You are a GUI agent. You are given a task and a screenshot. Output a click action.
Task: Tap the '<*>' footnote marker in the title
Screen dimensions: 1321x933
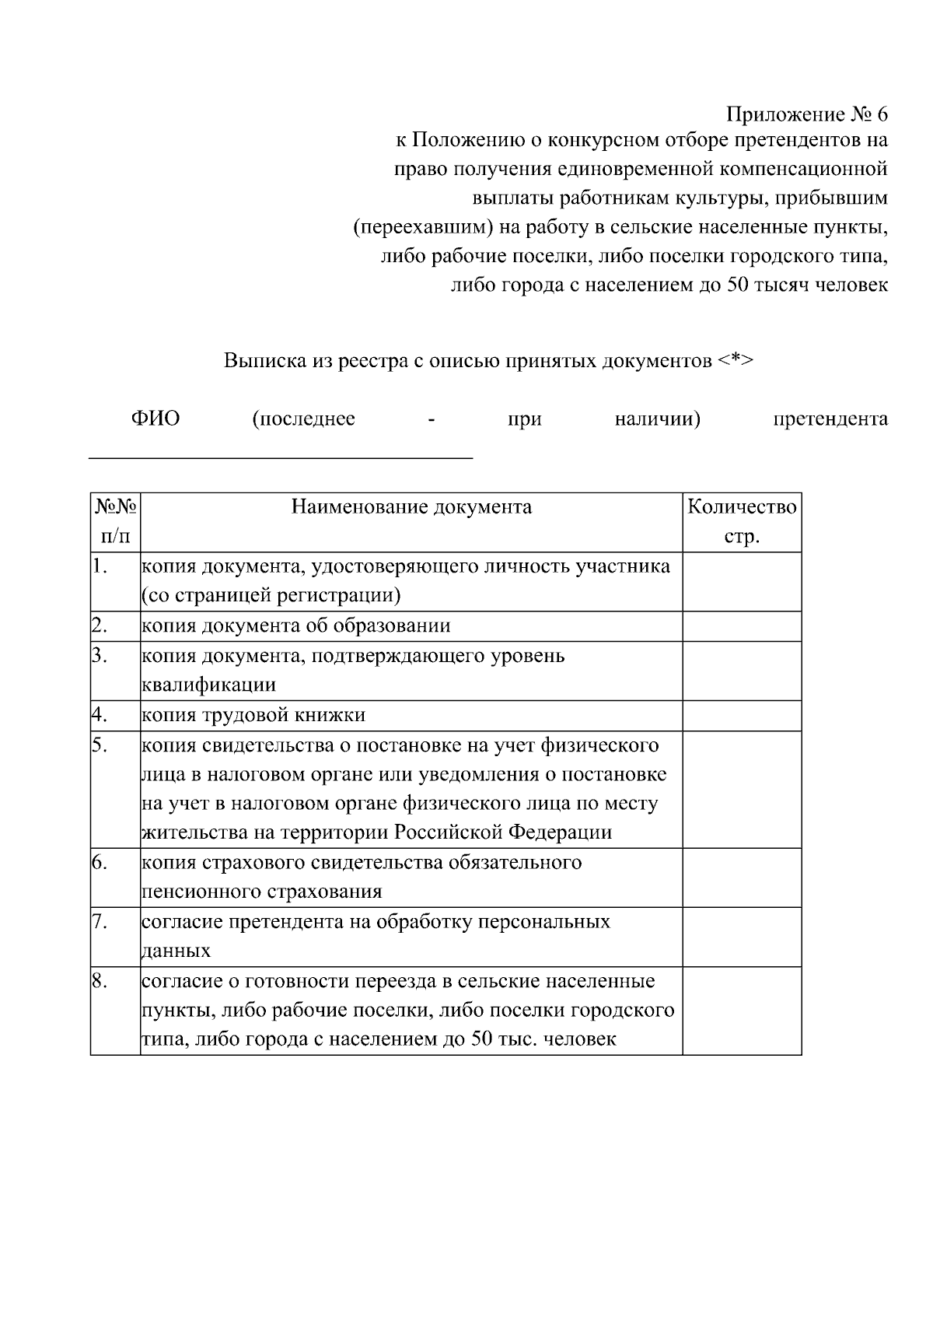pos(735,361)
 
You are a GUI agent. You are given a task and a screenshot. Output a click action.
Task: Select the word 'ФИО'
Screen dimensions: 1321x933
pos(155,419)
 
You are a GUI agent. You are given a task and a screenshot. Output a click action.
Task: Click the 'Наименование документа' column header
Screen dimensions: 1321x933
pos(411,507)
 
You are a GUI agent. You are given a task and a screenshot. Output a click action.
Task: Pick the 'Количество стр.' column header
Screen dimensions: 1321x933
pos(742,522)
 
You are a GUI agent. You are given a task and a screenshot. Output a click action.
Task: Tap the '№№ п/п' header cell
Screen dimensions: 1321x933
pos(116,522)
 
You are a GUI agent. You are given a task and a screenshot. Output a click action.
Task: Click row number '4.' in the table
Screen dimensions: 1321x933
pos(99,713)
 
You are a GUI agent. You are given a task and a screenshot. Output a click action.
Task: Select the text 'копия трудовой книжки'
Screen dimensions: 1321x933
pos(253,715)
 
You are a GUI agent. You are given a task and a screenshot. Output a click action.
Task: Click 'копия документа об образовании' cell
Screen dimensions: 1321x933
pos(296,626)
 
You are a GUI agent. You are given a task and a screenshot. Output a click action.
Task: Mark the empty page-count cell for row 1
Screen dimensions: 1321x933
pos(742,582)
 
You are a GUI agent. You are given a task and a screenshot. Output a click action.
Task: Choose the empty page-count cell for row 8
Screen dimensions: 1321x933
pos(742,1011)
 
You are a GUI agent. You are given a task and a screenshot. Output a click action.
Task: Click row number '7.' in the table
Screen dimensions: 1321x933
pos(99,921)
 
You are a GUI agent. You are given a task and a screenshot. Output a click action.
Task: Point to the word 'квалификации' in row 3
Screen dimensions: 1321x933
pos(209,685)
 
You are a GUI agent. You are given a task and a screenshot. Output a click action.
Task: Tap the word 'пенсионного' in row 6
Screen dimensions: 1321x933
pos(201,892)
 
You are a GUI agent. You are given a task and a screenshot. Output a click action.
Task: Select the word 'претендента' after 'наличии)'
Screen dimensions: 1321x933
pos(830,419)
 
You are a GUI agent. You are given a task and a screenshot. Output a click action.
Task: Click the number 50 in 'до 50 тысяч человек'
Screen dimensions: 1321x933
pos(737,286)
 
